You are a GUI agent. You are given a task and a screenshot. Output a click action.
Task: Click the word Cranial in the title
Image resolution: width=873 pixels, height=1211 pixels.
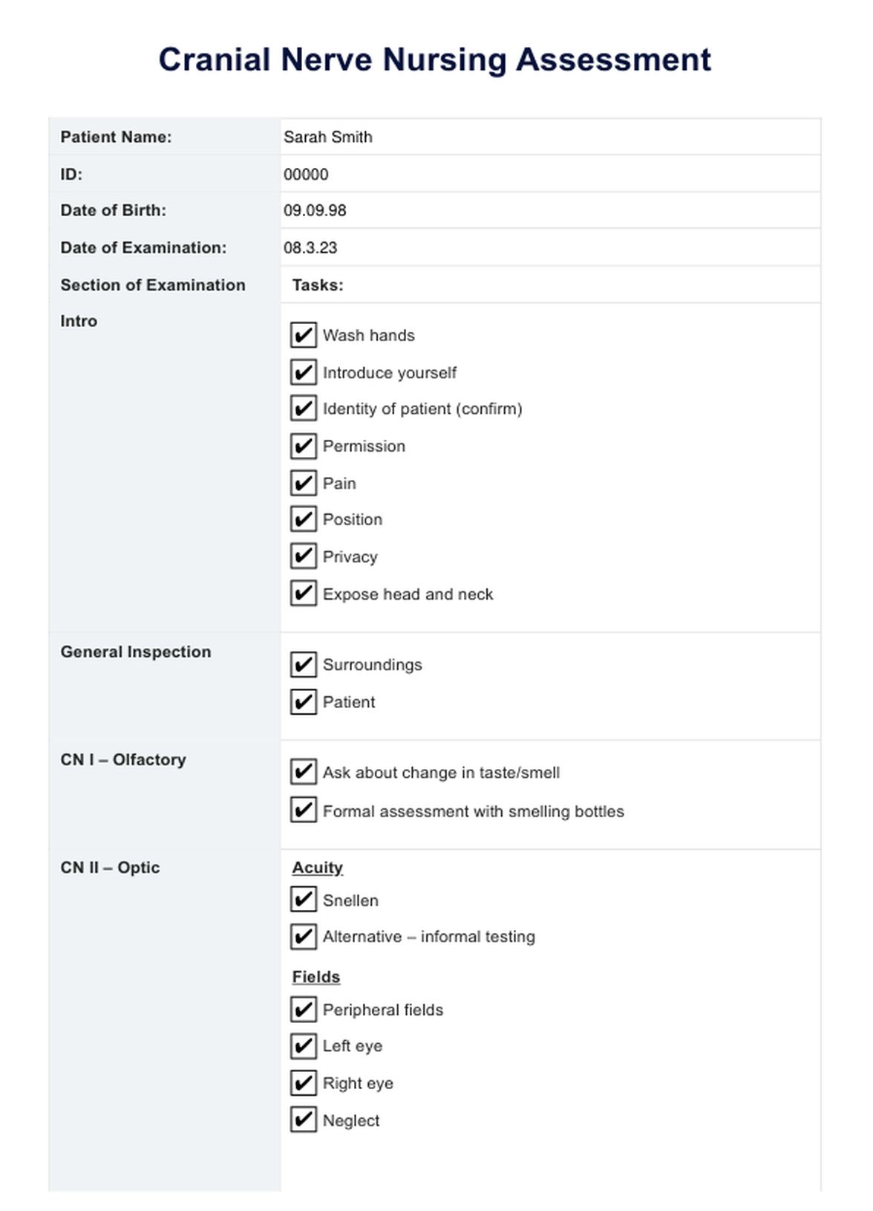[214, 60]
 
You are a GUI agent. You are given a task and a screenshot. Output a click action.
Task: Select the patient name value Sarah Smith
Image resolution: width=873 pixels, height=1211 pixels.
[327, 137]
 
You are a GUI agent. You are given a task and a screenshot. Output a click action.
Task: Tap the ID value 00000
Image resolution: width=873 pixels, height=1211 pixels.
[306, 175]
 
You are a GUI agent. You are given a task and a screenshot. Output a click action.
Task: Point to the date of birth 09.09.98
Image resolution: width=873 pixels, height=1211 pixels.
[315, 211]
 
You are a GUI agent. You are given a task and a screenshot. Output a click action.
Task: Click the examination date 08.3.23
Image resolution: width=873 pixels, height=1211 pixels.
[310, 248]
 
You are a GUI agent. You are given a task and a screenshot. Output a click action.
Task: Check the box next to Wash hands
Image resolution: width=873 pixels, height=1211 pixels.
[303, 335]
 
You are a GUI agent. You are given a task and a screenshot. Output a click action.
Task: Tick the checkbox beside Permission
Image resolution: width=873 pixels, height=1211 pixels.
[303, 446]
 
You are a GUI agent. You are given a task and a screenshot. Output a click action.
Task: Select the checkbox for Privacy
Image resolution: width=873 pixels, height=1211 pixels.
[303, 556]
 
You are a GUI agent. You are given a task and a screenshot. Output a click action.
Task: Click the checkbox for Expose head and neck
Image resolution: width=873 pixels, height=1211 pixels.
[303, 594]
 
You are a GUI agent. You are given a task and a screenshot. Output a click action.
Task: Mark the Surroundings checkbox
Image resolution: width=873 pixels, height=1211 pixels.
[303, 665]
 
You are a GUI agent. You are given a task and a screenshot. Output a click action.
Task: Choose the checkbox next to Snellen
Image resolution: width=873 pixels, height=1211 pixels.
[303, 900]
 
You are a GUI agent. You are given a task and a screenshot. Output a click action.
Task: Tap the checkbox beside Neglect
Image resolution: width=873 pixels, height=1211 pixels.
[303, 1120]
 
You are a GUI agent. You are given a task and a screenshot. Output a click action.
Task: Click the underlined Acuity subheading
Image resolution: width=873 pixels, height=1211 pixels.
[317, 868]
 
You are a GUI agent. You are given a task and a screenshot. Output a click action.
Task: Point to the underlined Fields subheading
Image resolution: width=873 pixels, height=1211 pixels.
[315, 977]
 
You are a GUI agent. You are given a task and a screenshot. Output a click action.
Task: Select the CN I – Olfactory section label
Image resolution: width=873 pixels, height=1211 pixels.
[123, 760]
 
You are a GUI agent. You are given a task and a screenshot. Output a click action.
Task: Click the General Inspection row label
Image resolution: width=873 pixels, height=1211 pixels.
[136, 652]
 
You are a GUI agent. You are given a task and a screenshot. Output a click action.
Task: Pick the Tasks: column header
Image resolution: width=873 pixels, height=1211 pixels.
[318, 285]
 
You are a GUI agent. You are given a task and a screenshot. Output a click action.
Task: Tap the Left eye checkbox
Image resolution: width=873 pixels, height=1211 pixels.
[303, 1046]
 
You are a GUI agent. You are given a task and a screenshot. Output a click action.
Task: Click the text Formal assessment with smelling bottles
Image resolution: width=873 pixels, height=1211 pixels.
[473, 811]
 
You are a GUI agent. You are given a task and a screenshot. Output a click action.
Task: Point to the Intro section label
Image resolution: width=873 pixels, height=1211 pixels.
[79, 322]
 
